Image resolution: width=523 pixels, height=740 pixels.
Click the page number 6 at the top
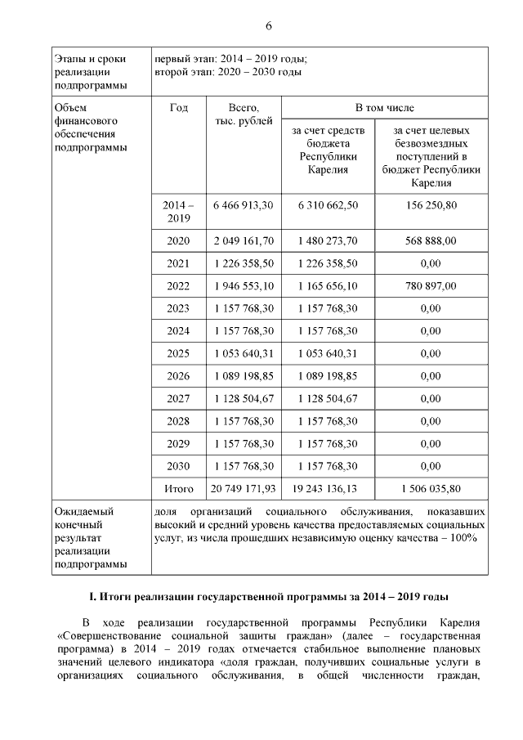coord(268,27)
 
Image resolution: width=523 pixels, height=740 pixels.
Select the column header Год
coord(178,107)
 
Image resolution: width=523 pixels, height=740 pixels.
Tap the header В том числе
coord(384,107)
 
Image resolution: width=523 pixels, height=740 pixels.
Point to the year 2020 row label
coord(178,241)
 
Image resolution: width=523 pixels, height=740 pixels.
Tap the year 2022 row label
coord(178,286)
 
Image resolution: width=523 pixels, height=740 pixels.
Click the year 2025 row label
coord(178,353)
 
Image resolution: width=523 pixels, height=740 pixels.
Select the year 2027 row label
coord(178,398)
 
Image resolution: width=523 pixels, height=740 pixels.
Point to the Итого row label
coord(178,489)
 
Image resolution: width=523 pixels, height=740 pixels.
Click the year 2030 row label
coord(178,465)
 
